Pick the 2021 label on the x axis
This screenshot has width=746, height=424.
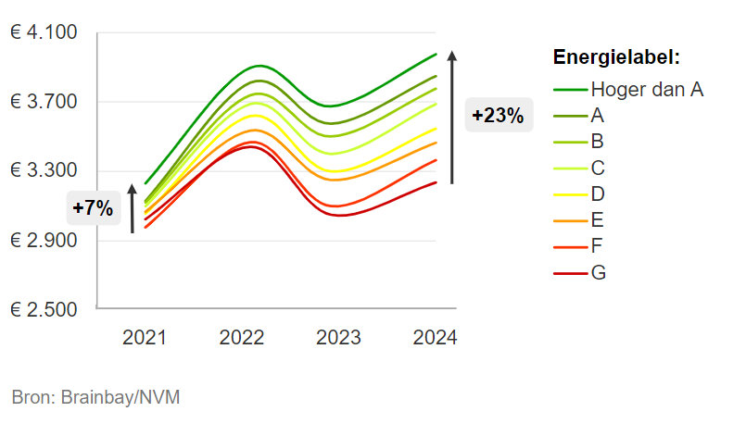pos(145,338)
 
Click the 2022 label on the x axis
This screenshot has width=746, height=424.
pos(242,338)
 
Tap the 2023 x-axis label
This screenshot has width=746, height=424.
pos(338,338)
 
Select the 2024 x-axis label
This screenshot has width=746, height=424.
pos(435,338)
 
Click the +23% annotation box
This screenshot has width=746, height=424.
pos(498,116)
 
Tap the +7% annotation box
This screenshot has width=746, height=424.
pos(93,208)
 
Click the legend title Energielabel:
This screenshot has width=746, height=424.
pos(616,57)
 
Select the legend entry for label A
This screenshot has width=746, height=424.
pos(597,116)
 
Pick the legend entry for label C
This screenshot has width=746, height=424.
pos(597,168)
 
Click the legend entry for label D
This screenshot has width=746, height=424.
pos(597,193)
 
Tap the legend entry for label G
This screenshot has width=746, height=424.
pos(598,272)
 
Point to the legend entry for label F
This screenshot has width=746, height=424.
pos(597,246)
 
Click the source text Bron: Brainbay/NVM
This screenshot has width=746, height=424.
pos(95,397)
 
